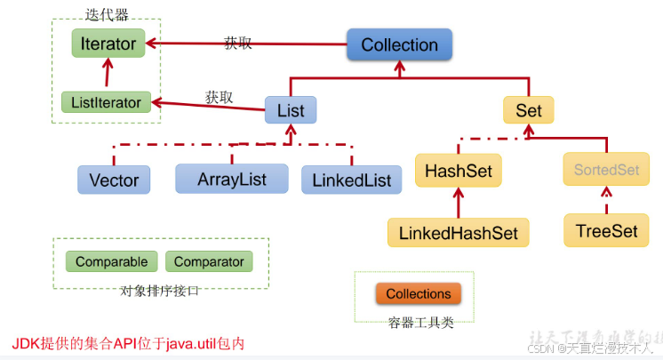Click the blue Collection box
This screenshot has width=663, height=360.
(399, 44)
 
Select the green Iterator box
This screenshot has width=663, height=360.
(108, 43)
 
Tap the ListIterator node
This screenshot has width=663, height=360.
(105, 102)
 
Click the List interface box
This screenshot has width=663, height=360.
(291, 111)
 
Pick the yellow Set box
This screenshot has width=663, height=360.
(528, 110)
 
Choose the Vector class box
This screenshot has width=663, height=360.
(114, 180)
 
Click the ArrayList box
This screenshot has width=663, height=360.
(232, 179)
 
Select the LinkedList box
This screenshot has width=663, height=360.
(351, 180)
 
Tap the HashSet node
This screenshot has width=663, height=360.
(459, 170)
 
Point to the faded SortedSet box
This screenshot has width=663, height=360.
(605, 170)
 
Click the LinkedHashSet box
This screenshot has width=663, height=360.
(459, 233)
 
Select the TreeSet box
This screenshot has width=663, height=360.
(606, 230)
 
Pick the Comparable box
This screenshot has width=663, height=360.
(111, 262)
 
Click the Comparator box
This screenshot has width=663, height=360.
(209, 262)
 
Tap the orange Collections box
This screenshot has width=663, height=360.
(418, 293)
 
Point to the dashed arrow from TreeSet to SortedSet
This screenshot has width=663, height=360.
(606, 200)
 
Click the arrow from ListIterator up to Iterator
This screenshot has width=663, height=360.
(108, 74)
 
